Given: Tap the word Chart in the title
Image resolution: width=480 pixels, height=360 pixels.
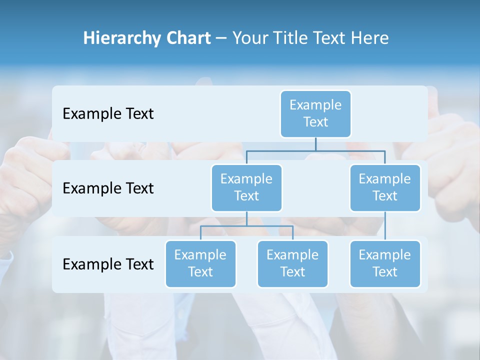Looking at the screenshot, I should (x=186, y=38).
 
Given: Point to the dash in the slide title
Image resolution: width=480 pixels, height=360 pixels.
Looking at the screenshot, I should (x=221, y=38).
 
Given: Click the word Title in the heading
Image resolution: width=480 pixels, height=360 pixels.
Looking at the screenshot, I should (x=290, y=38).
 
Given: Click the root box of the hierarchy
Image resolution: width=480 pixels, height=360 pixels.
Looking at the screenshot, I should (x=315, y=114).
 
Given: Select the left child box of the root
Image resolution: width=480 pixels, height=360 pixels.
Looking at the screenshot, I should (x=246, y=188).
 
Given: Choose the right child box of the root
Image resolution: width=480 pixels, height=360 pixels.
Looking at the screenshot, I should (x=385, y=188).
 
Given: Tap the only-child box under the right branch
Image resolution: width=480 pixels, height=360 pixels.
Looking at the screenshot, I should (x=385, y=264).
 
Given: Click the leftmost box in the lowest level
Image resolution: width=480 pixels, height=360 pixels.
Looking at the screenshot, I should (x=200, y=264).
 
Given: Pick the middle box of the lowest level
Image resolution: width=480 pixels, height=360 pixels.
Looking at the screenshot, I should (x=292, y=264).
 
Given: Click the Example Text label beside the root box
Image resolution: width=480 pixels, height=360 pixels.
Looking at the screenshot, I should (x=108, y=114).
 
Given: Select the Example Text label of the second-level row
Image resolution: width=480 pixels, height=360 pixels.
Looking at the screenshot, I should (x=108, y=188).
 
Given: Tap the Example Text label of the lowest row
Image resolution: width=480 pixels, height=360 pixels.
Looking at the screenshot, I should (x=108, y=264).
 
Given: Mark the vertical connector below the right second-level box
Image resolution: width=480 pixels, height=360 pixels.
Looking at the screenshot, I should (x=385, y=226).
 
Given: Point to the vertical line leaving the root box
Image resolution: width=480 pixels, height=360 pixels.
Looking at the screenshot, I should (x=315, y=144).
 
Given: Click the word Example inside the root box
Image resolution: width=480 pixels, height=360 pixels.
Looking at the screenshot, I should (x=315, y=105).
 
